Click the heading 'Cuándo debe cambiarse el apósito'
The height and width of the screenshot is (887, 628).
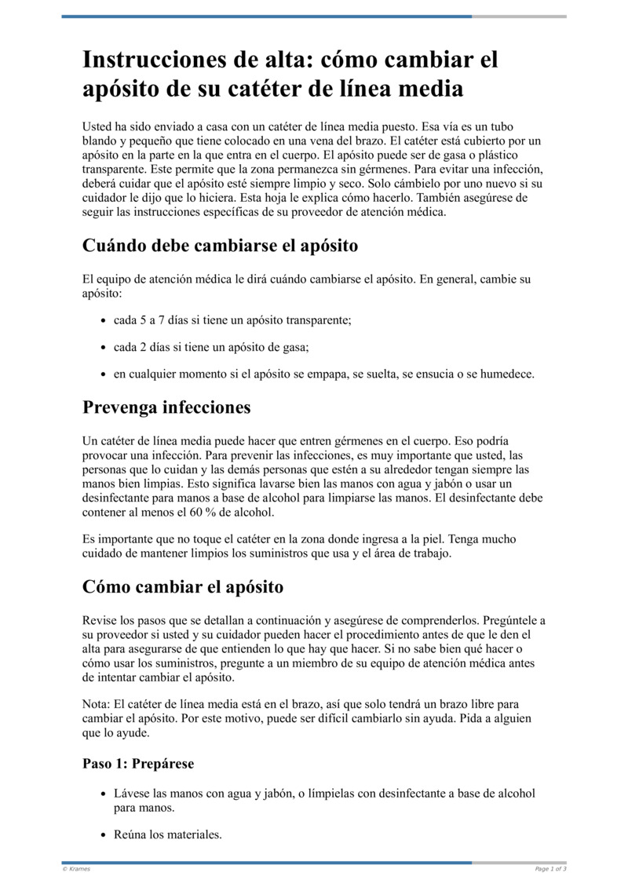pyautogui.click(x=220, y=246)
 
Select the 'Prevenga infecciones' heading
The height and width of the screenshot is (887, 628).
pyautogui.click(x=166, y=407)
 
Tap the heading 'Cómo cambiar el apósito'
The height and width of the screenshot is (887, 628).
pyautogui.click(x=183, y=587)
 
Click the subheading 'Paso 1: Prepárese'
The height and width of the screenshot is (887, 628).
pyautogui.click(x=138, y=763)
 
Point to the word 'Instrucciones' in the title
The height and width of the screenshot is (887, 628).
pyautogui.click(x=152, y=60)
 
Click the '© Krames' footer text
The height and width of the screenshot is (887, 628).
pyautogui.click(x=76, y=869)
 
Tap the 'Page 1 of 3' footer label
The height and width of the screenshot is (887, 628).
pyautogui.click(x=550, y=869)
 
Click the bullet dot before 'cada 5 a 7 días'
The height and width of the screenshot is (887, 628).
pyautogui.click(x=104, y=321)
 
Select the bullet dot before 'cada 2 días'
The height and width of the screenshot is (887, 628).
pyautogui.click(x=104, y=348)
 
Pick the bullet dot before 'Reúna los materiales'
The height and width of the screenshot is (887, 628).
pyautogui.click(x=104, y=836)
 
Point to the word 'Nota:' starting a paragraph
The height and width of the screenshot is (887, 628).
pyautogui.click(x=97, y=704)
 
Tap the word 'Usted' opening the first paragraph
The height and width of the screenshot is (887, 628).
pyautogui.click(x=97, y=126)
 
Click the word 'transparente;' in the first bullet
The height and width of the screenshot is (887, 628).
pyautogui.click(x=319, y=320)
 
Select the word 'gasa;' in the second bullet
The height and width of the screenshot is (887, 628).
pyautogui.click(x=305, y=347)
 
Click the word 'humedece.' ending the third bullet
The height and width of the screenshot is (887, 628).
pyautogui.click(x=506, y=374)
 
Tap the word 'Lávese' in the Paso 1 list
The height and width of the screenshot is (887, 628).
pyautogui.click(x=131, y=794)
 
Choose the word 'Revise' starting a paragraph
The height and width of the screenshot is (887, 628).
pyautogui.click(x=100, y=620)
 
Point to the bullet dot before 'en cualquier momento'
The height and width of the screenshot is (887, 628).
pyautogui.click(x=104, y=374)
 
